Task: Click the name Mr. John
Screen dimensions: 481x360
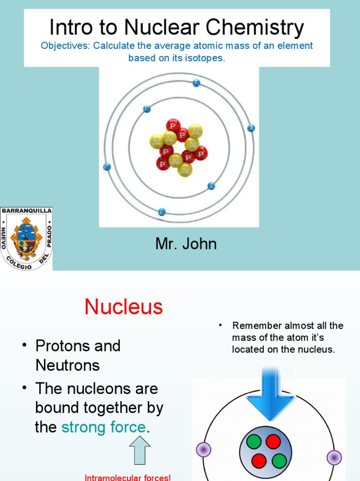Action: [186, 244]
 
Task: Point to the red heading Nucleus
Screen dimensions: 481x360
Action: [124, 307]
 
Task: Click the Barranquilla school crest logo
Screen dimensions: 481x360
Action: [26, 239]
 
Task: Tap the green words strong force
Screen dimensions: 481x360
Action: [104, 427]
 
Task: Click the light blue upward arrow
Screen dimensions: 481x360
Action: [140, 450]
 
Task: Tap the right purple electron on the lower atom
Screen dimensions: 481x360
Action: [334, 457]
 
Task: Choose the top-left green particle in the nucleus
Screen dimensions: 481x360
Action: [254, 442]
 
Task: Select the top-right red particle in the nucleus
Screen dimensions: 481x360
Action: [273, 442]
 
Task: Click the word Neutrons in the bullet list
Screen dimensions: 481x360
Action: [67, 365]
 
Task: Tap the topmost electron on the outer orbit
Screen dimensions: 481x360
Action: [196, 83]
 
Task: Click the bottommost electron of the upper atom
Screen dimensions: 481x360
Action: [162, 211]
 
